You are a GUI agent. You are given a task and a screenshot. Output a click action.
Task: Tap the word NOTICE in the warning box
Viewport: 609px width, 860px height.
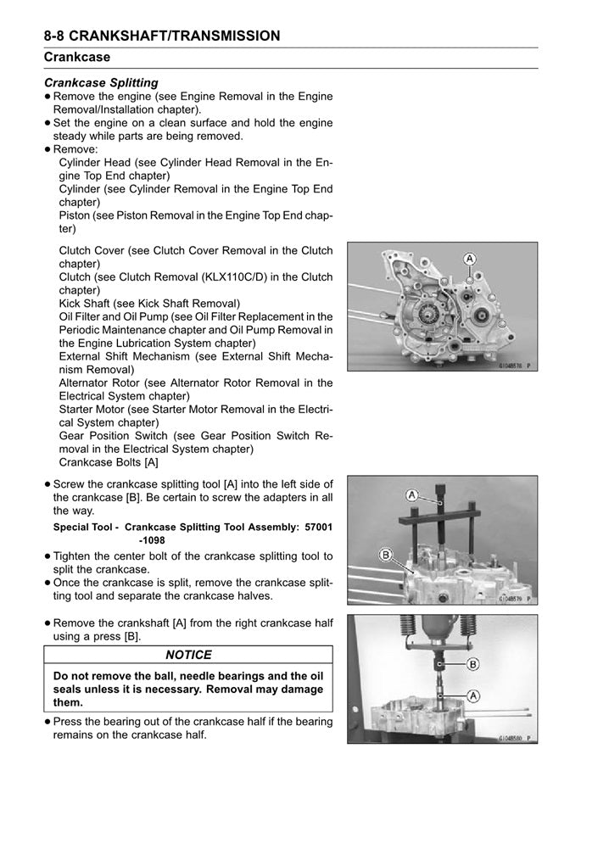pyautogui.click(x=188, y=655)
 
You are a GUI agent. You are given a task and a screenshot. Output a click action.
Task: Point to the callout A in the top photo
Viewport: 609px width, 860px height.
pyautogui.click(x=468, y=258)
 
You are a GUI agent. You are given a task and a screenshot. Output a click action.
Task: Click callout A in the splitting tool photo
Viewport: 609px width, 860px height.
pyautogui.click(x=411, y=494)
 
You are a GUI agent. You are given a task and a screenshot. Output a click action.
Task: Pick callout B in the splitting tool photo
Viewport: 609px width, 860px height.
pyautogui.click(x=385, y=556)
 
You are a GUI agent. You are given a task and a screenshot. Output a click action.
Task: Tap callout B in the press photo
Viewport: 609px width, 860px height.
pyautogui.click(x=472, y=664)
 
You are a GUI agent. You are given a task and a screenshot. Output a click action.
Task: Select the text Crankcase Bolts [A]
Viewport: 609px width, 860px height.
pyautogui.click(x=109, y=462)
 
